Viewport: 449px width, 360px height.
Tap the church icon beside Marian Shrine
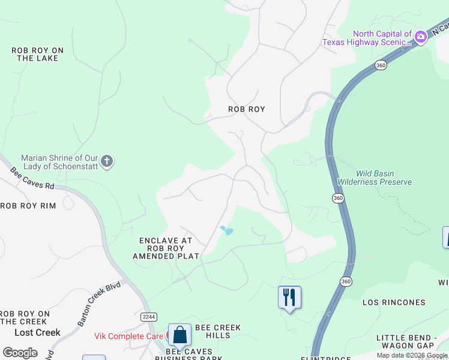tap(107, 161)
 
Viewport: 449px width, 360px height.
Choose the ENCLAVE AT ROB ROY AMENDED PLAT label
tap(166, 248)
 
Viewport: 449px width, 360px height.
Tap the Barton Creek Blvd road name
tap(99, 304)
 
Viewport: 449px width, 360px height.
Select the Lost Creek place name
tap(37, 332)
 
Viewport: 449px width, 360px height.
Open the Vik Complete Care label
tap(128, 336)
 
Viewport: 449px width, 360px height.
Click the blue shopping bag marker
tap(179, 335)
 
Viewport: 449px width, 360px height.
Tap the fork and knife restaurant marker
tap(289, 297)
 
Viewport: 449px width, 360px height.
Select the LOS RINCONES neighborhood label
tap(394, 302)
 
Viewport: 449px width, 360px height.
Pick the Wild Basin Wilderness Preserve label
tap(375, 178)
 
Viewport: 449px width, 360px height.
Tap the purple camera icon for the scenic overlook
tap(421, 37)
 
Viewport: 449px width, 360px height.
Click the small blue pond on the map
tap(226, 230)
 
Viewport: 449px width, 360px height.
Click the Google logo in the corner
tap(20, 352)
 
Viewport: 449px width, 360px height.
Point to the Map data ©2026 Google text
tap(412, 355)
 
